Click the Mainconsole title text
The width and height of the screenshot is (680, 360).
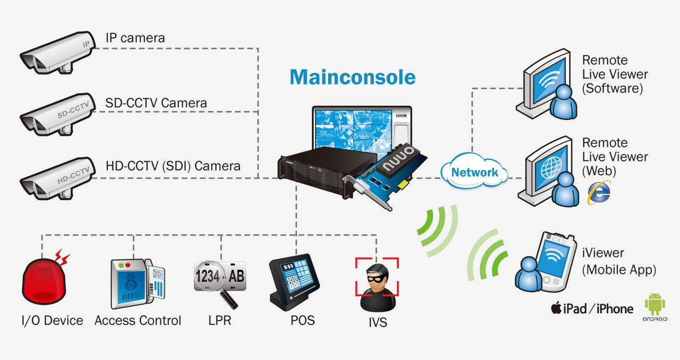point(352,77)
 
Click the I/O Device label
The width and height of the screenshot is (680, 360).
point(52,320)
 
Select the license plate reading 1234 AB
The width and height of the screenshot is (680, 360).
point(219,276)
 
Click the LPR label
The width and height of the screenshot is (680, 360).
point(219,320)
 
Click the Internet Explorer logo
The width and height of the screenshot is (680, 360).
point(598,193)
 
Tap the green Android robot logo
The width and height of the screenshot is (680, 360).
point(654,304)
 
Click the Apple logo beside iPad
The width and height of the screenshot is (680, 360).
point(556,308)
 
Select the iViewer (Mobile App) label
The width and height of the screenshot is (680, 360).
point(619,262)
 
